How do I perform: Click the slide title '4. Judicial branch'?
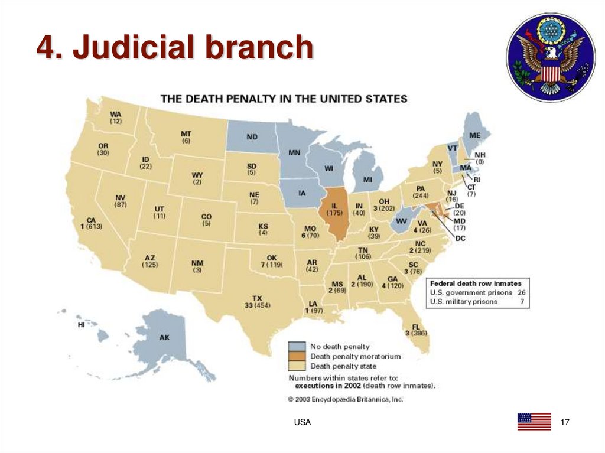[174, 48]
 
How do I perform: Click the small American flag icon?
[534, 421]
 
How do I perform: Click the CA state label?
[91, 220]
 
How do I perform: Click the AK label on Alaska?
[164, 338]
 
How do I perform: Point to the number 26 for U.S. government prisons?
[521, 292]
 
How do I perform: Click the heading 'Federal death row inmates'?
[476, 283]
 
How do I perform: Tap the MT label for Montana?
[186, 134]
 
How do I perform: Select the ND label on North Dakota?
[252, 137]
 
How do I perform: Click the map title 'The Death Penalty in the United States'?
[284, 99]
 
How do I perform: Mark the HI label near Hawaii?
[81, 325]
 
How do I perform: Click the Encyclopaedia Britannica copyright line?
[346, 399]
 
